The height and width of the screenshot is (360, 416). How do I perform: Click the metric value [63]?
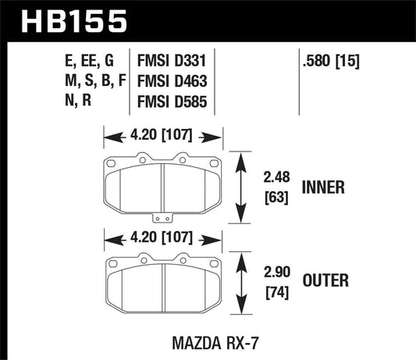pos(277,196)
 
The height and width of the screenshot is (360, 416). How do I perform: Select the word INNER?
pos(332,187)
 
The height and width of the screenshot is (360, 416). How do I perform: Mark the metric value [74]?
pos(277,295)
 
